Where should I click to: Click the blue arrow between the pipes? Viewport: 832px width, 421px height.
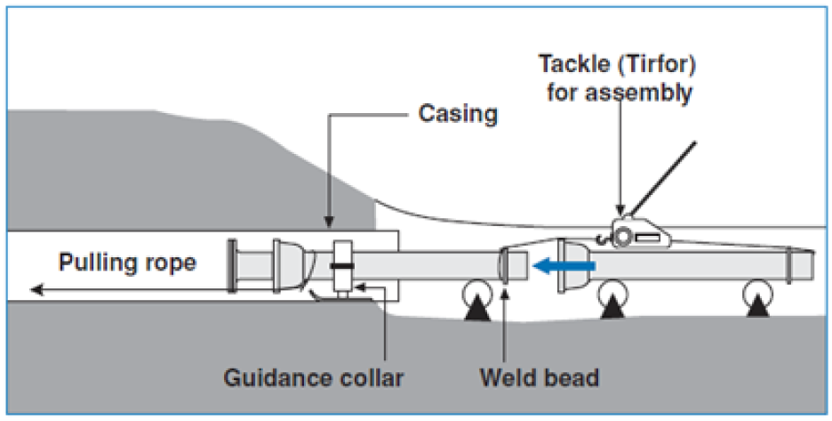click(x=564, y=264)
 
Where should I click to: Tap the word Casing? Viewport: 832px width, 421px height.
click(x=458, y=114)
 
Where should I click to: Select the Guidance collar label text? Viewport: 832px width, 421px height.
click(x=314, y=378)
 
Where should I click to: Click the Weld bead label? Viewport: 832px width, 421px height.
click(x=540, y=378)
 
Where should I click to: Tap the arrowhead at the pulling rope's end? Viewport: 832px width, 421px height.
click(x=37, y=289)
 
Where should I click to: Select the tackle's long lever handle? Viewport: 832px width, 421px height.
click(x=662, y=177)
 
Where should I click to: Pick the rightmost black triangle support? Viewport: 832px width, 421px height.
click(x=757, y=307)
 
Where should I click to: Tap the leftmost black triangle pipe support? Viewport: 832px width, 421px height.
click(x=477, y=310)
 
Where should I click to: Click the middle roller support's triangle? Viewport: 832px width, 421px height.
click(x=613, y=308)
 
